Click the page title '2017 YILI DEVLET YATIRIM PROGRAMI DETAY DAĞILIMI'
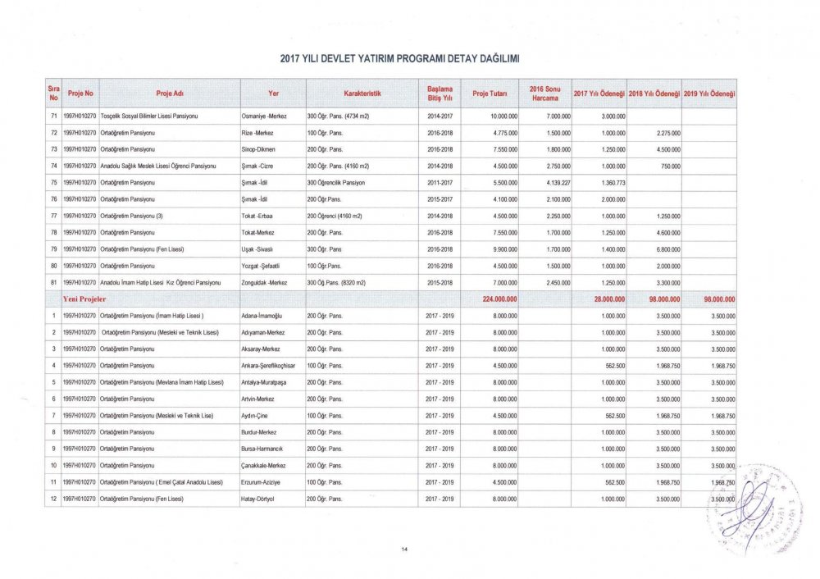[400, 58]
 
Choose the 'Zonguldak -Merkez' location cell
[264, 282]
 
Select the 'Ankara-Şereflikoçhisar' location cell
[268, 365]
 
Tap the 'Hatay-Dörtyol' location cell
[260, 499]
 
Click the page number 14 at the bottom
[404, 549]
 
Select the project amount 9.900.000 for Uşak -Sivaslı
[501, 248]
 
